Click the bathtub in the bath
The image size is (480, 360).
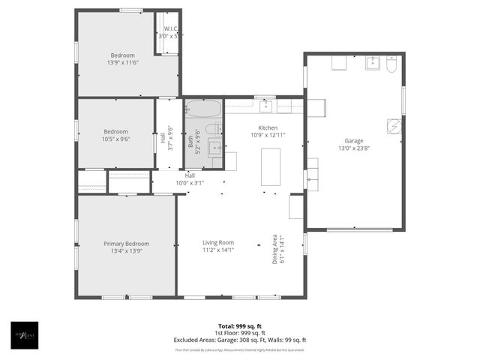203,109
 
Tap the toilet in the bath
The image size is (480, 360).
214,129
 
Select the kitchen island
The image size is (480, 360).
270,166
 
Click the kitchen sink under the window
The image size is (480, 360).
265,106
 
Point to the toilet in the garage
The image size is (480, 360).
391,64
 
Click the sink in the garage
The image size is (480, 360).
373,63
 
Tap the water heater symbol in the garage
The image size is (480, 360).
394,126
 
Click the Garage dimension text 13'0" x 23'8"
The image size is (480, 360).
354,148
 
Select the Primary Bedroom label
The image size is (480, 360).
126,244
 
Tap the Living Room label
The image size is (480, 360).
218,242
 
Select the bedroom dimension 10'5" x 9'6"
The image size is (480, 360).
115,139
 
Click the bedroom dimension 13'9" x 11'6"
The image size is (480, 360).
122,63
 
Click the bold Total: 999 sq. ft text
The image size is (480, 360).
239,326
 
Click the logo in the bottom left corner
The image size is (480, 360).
24,334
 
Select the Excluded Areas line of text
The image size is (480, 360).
239,340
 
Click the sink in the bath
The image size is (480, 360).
214,146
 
